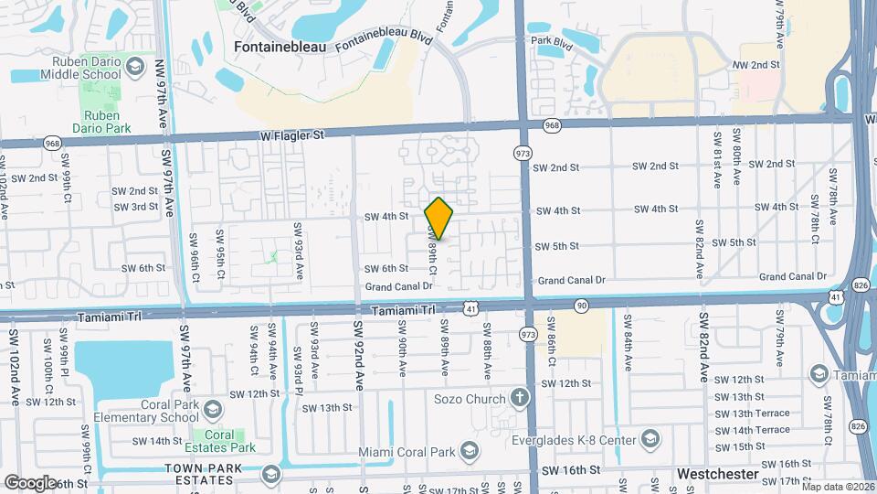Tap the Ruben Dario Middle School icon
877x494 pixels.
(135, 67)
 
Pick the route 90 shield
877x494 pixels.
(582, 305)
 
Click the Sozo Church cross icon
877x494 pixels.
(520, 398)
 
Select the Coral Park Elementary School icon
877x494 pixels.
(213, 408)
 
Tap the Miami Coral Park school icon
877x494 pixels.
(469, 451)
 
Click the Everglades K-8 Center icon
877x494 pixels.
(650, 438)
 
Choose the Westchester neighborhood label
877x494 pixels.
(718, 474)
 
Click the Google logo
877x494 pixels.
(29, 481)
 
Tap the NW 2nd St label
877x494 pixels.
(756, 65)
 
